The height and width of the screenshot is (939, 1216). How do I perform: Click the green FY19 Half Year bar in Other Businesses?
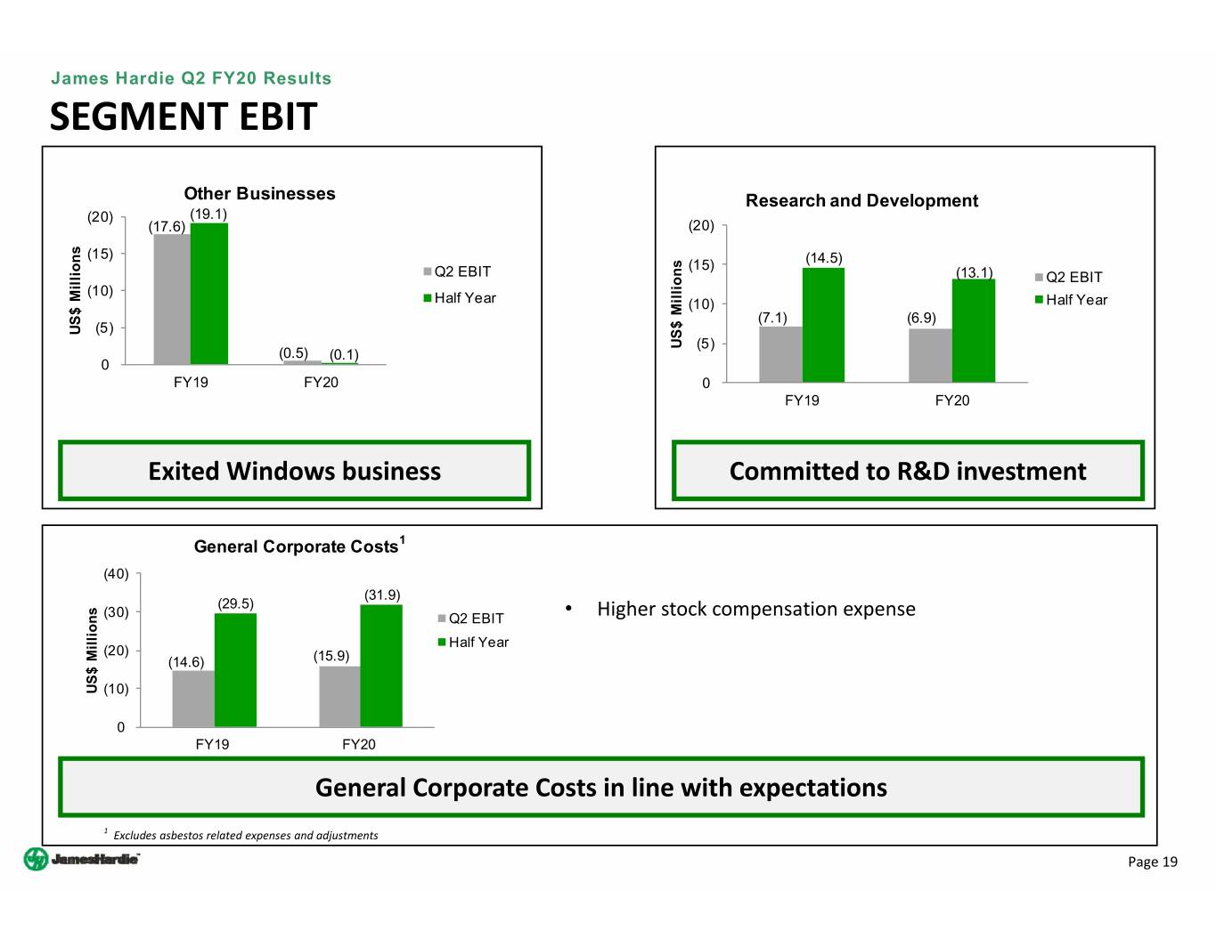point(209,294)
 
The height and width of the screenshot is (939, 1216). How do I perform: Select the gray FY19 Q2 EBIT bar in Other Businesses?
point(172,299)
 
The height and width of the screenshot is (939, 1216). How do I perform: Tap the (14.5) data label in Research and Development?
point(824,258)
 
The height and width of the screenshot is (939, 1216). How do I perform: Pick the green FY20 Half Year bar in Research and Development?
point(974,331)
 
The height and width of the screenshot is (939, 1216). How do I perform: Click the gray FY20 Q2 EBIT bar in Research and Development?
point(930,355)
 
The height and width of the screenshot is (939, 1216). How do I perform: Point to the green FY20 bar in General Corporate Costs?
point(381,666)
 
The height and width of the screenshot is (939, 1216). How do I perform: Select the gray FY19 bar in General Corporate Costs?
point(193,699)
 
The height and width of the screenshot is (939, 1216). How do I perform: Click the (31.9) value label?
point(382,595)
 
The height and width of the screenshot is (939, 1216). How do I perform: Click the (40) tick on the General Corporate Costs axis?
point(117,574)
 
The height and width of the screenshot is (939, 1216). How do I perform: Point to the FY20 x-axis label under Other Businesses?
point(321,383)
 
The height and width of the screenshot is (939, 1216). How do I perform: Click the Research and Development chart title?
point(861,201)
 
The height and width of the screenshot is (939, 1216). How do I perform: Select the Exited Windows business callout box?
point(294,471)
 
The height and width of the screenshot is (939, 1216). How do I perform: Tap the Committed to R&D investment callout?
point(908,471)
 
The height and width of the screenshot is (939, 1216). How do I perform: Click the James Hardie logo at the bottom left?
point(81,859)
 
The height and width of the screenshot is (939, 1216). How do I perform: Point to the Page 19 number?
point(1152,862)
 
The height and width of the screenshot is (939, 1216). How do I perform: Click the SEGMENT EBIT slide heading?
point(184,117)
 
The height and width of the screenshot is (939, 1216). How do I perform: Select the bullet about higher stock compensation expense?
point(755,609)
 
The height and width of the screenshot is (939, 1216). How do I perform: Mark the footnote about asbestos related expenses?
point(245,835)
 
